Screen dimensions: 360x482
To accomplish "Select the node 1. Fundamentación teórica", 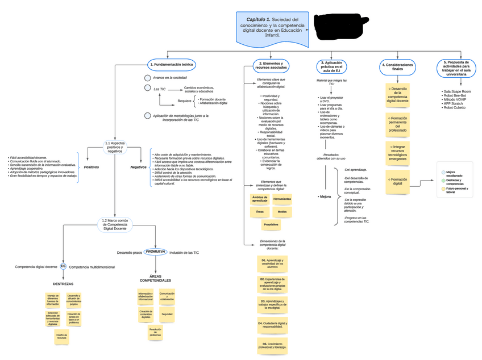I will click(172, 65).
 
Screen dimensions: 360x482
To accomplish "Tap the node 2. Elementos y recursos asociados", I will click(271, 66).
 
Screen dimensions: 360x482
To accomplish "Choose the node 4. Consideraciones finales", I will click(397, 66).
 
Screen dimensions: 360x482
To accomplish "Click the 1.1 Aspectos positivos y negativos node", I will click(115, 146).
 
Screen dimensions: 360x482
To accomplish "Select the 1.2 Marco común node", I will click(115, 223).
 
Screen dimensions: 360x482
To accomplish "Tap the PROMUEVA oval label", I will click(156, 252).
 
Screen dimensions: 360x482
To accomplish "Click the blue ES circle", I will click(64, 266).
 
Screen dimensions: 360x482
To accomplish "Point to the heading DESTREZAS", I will click(63, 283).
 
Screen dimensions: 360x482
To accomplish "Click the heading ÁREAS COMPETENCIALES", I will click(156, 279).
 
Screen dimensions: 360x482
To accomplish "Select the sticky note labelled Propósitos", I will click(272, 224).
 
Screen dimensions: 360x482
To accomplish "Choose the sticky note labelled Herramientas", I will click(282, 199).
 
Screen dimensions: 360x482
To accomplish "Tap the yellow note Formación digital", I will click(398, 182).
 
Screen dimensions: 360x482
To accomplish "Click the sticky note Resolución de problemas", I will click(156, 332).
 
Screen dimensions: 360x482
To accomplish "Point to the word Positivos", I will click(92, 167).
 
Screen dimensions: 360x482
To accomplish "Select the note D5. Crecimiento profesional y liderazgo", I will click(272, 345).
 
